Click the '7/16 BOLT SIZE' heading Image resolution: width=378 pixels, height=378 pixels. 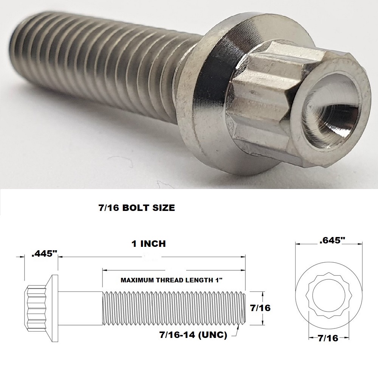point(136,208)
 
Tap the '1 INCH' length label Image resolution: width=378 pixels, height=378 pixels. point(149,244)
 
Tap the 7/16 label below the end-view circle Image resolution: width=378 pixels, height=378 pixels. point(328,339)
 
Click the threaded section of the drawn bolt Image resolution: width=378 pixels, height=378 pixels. point(174,308)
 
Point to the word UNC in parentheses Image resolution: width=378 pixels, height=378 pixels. point(215,335)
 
